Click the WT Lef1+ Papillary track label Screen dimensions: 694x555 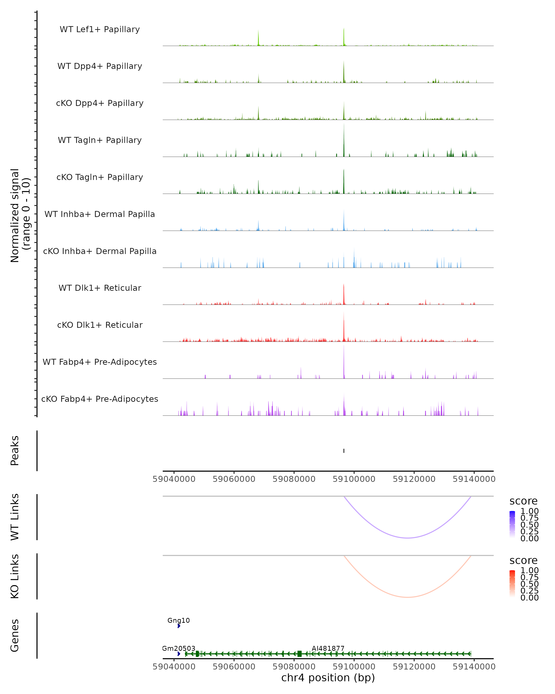click(x=100, y=29)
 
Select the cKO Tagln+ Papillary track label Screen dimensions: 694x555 click(x=100, y=177)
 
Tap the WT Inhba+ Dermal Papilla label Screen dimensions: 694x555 click(x=100, y=214)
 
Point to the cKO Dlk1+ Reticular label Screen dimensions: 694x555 click(x=100, y=325)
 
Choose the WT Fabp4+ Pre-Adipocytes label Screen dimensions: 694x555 click(x=100, y=362)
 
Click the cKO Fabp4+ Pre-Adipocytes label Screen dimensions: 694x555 click(x=100, y=399)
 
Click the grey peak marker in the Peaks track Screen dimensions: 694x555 click(x=344, y=451)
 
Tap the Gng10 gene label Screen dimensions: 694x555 click(x=179, y=620)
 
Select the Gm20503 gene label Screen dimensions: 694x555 click(x=179, y=648)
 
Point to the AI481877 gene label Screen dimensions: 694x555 click(x=328, y=648)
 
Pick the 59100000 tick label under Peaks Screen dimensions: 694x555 click(x=354, y=479)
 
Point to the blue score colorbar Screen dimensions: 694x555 click(x=512, y=524)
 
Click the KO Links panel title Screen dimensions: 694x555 click(x=15, y=576)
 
